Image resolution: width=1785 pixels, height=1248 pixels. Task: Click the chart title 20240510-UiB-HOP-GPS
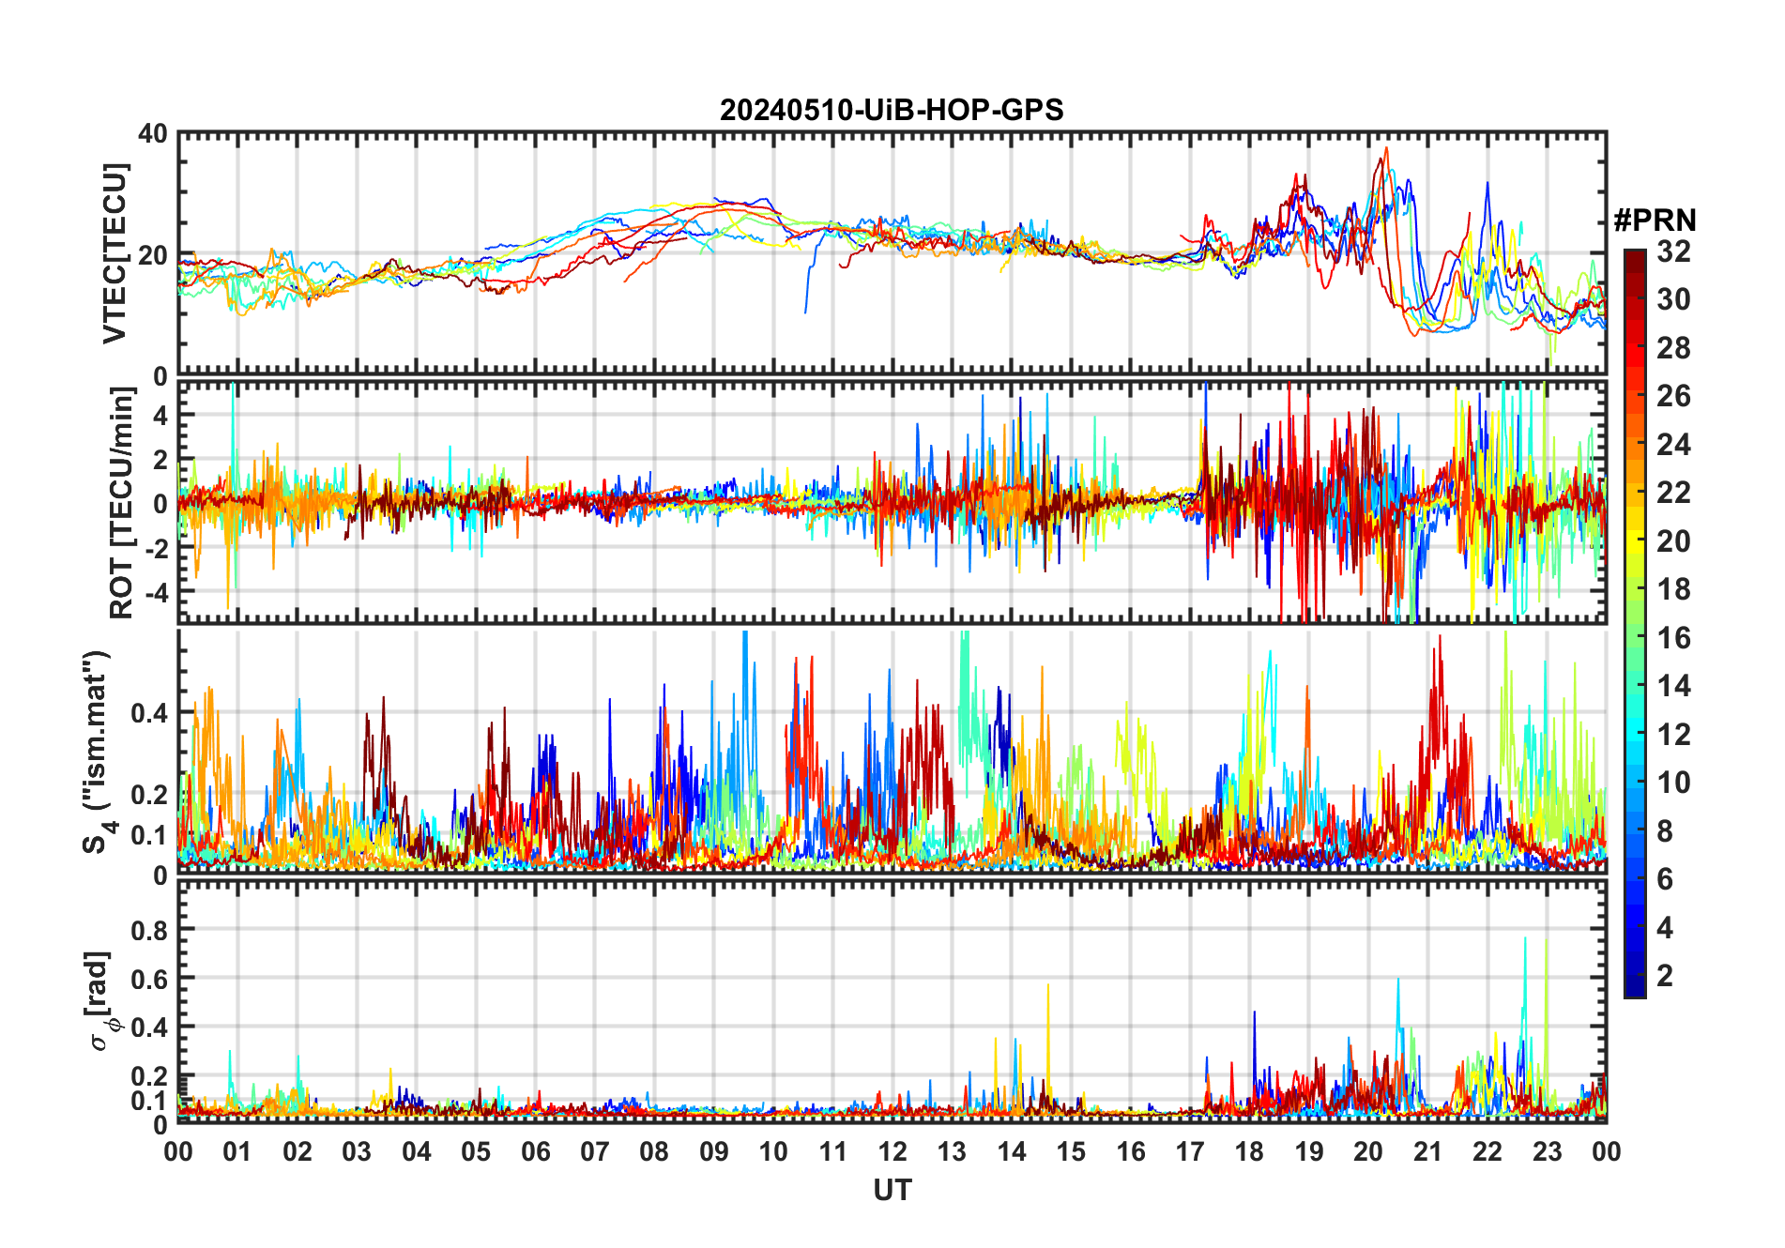tap(892, 111)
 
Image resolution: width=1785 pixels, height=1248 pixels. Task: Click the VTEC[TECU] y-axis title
tap(114, 253)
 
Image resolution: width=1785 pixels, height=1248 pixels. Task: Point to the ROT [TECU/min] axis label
tap(122, 502)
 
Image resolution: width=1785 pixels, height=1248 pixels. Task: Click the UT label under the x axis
tap(892, 1191)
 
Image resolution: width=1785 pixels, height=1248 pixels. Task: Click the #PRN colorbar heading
tap(1655, 221)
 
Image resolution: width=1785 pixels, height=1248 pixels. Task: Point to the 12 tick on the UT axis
tap(892, 1151)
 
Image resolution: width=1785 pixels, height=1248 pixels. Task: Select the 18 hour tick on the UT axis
tap(1249, 1151)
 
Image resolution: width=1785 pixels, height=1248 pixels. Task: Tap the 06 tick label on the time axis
tap(535, 1151)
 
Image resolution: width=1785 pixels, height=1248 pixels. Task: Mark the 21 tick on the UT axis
tap(1427, 1151)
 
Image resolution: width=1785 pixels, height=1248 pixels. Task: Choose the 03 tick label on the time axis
tap(357, 1151)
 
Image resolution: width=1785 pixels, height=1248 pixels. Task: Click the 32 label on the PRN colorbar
tap(1673, 251)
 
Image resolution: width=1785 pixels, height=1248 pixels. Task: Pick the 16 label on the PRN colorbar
tap(1673, 638)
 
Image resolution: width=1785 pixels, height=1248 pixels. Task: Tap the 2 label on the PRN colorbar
tap(1665, 976)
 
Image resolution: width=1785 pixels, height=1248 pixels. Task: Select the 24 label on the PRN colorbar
tap(1673, 445)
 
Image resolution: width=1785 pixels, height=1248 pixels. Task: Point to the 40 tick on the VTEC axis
tap(153, 134)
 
